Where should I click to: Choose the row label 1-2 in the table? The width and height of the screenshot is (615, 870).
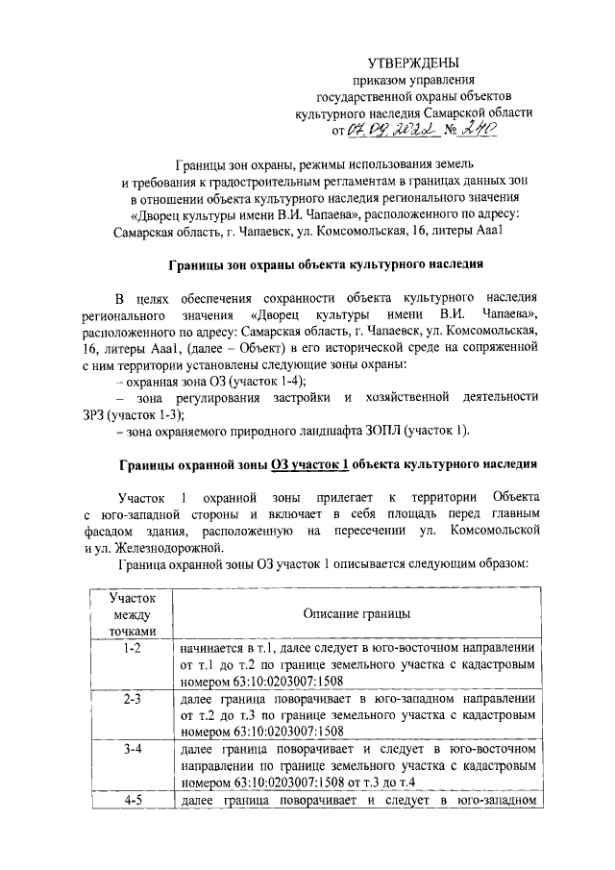tap(131, 650)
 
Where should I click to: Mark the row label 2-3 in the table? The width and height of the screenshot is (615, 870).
tap(131, 698)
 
